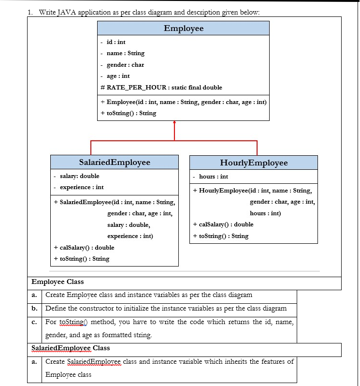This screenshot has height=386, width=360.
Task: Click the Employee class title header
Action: (x=184, y=29)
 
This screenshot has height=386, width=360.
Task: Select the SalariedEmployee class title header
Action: (x=115, y=163)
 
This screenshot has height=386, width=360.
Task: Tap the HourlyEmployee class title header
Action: (x=254, y=163)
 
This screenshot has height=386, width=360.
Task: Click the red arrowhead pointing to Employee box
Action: (x=174, y=124)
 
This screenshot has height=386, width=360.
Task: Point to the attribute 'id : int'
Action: (x=116, y=42)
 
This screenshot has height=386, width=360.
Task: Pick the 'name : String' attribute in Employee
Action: (x=125, y=53)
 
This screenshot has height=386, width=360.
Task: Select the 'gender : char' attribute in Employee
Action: (x=125, y=65)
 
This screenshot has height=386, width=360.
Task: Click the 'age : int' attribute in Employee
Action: (x=118, y=76)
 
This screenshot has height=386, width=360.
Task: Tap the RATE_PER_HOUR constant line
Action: (x=161, y=88)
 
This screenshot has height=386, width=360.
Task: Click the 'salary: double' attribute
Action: (x=79, y=176)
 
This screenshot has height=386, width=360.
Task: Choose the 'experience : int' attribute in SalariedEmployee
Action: (x=82, y=187)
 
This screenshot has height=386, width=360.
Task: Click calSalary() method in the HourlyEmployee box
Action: (x=223, y=224)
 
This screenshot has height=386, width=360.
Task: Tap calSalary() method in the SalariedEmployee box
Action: (x=84, y=248)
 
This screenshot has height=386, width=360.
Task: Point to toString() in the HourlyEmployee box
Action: (x=220, y=236)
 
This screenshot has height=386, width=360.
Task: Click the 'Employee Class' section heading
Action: (x=58, y=282)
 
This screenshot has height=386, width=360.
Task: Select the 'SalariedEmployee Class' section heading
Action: (x=71, y=348)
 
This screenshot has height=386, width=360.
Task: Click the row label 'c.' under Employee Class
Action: (x=35, y=322)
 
